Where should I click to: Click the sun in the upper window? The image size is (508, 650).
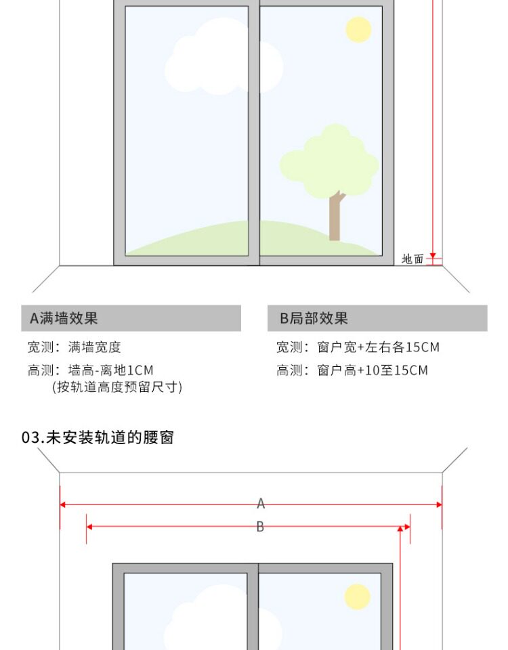pos(358,29)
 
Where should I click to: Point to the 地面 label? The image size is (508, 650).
pos(412,259)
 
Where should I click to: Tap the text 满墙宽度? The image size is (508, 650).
pos(95,347)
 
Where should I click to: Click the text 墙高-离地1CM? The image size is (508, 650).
pos(111,370)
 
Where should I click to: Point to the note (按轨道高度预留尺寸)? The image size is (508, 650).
pos(117,387)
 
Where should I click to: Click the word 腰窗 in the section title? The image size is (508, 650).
pos(163,437)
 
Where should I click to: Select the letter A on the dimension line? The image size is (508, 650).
pos(261,503)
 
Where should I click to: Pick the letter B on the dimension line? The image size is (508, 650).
pos(260,527)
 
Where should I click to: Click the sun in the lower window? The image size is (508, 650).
pos(357,597)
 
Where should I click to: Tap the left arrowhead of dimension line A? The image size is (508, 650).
pos(63,504)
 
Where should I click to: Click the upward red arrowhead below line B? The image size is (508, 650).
pos(400,529)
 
